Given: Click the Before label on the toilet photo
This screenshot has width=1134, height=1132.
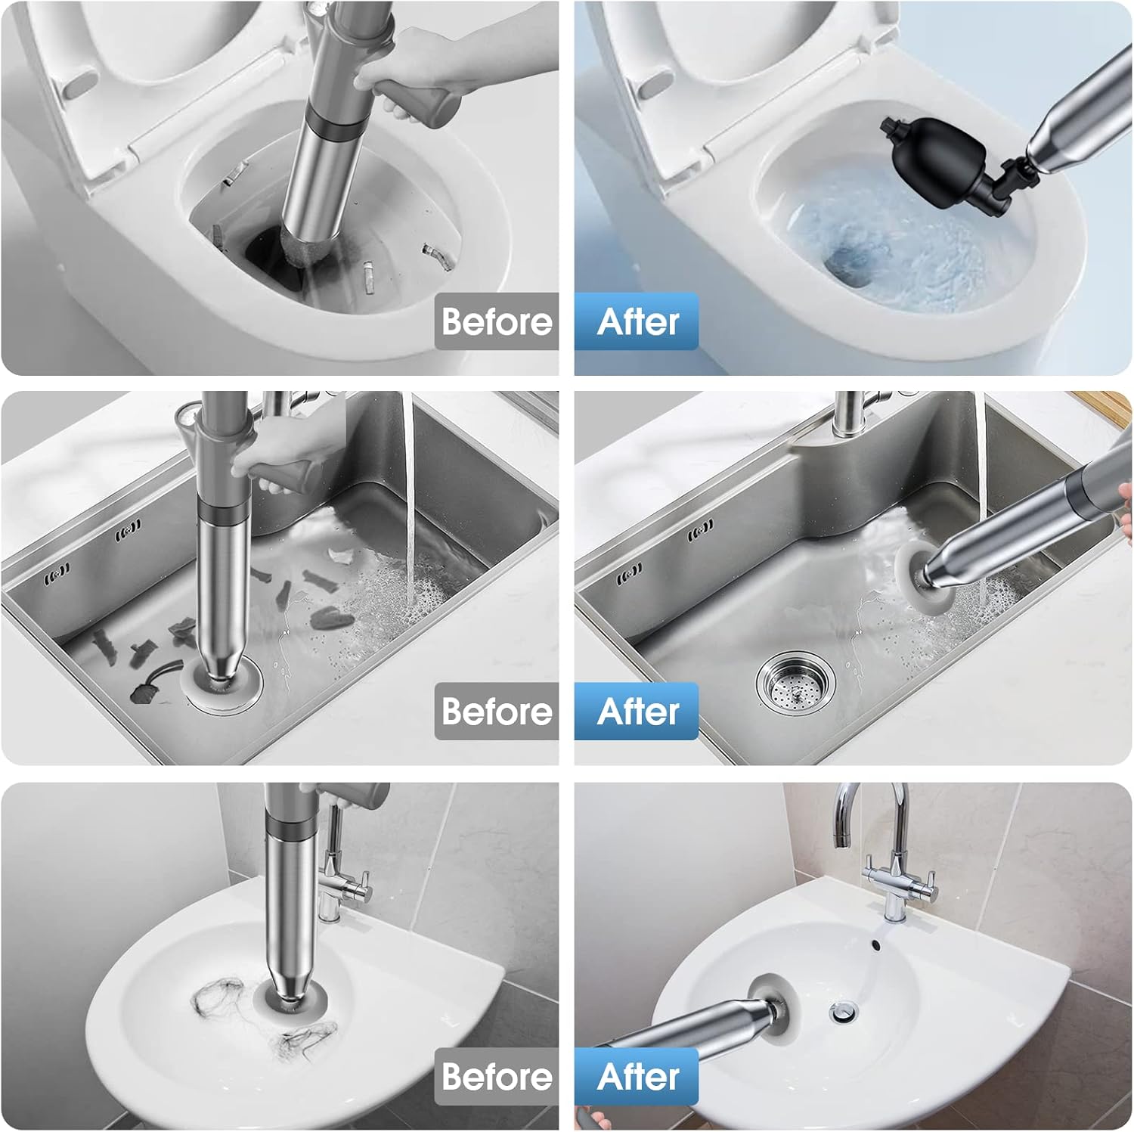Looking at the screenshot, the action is tap(497, 321).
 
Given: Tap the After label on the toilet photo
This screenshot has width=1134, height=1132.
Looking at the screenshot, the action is tap(637, 321).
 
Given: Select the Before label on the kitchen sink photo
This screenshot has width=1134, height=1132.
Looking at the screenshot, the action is tap(497, 712).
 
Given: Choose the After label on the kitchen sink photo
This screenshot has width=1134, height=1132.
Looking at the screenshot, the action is tap(637, 712).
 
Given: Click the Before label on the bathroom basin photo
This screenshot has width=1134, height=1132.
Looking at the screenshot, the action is tap(497, 1077).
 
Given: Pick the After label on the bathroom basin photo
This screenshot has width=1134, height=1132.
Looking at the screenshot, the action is tap(637, 1077).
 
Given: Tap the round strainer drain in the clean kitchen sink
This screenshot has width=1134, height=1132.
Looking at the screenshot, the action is tap(797, 681).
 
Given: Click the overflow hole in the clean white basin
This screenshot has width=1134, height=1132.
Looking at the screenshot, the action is tap(876, 944).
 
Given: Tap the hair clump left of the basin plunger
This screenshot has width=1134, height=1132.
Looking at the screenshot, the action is tap(217, 1000).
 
